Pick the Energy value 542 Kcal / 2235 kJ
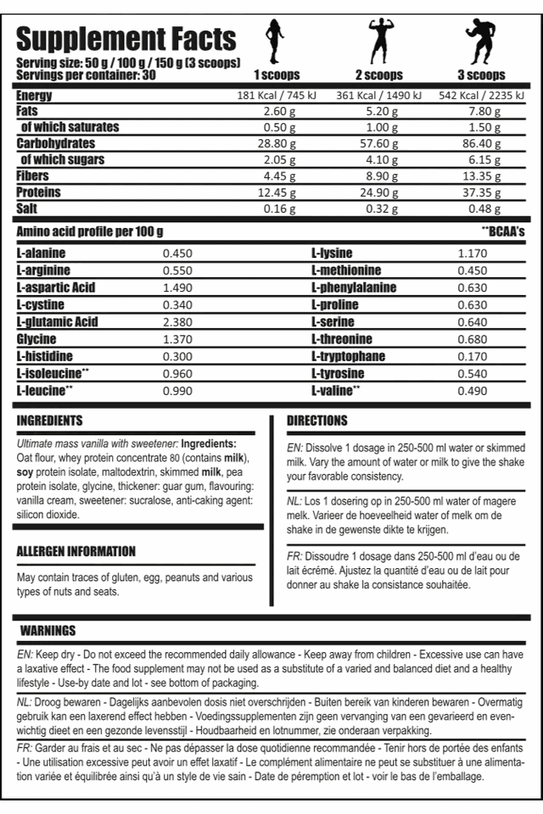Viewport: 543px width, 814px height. pos(481,95)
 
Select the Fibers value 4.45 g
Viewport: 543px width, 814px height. pos(278,176)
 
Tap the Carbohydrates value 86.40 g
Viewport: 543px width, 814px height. pos(481,143)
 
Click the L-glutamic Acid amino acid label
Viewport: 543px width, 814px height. pos(58,322)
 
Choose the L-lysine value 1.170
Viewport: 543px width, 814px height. pos(473,253)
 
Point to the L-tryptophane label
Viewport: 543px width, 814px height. pos(348,356)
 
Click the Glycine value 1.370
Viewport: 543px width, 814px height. pos(177,339)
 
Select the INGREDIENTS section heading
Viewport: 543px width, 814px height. pos(50,421)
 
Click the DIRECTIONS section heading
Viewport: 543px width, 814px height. pos(317,421)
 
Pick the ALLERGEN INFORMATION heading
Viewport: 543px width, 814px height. pos(76,551)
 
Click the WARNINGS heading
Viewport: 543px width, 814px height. pos(48,631)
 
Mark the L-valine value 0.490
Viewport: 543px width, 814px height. pos(473,391)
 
